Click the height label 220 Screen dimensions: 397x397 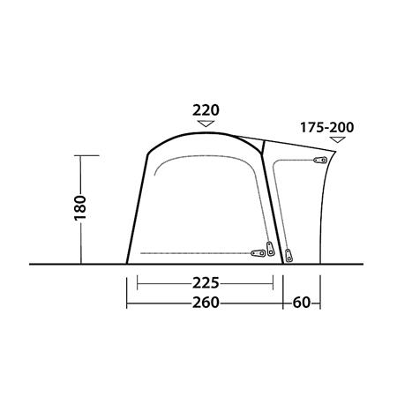[x=205, y=110]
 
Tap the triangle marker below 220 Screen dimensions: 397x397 [x=205, y=125]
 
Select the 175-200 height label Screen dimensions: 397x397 [x=326, y=128]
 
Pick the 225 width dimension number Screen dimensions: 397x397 [x=205, y=284]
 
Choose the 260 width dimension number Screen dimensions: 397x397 [x=205, y=303]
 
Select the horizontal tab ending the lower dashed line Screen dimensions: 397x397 [x=262, y=252]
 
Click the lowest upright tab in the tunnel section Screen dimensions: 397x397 [x=288, y=255]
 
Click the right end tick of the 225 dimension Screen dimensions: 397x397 [x=273, y=284]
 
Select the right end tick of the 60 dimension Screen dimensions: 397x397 [x=321, y=303]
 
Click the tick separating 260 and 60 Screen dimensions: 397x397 [x=283, y=303]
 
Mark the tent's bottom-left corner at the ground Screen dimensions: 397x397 [x=127, y=263]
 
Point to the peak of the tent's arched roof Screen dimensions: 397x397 [x=205, y=131]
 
